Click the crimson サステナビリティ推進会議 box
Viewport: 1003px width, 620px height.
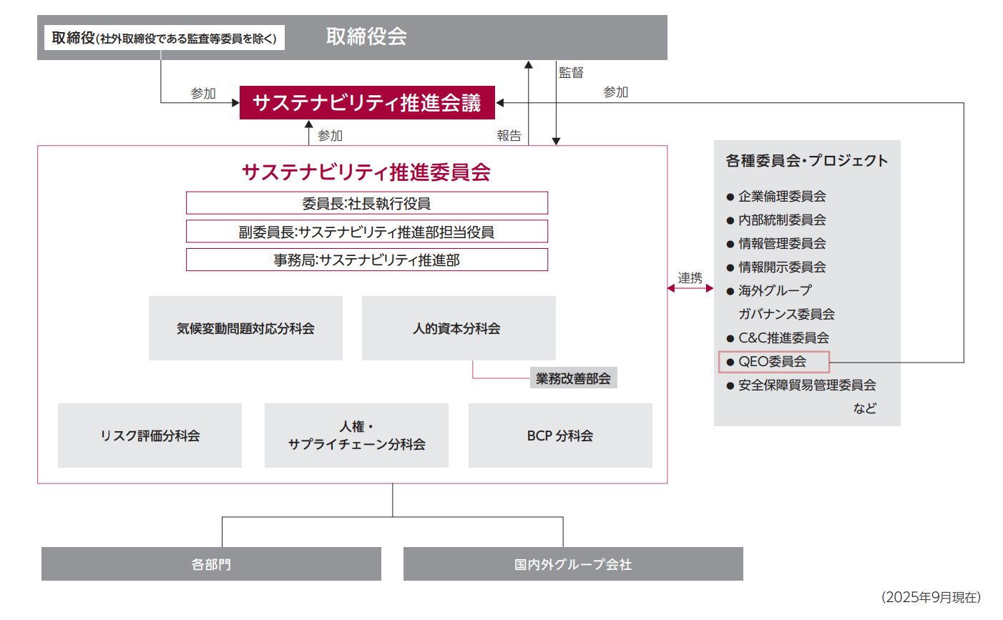tap(367, 103)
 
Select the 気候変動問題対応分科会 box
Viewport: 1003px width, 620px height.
tap(245, 328)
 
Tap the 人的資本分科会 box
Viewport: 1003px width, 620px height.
tap(458, 328)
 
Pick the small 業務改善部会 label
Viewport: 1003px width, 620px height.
tap(573, 378)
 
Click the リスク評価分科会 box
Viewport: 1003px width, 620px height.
tap(150, 436)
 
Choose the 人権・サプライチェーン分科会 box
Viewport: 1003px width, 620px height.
tap(356, 436)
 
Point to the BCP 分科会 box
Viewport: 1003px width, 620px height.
tap(560, 436)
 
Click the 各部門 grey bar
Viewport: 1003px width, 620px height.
tap(211, 564)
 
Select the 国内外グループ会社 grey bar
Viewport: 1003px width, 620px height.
tap(573, 564)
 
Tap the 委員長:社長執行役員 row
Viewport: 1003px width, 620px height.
tap(366, 203)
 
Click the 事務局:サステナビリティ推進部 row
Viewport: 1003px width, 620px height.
tap(366, 260)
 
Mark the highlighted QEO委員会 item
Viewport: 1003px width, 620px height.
tap(773, 362)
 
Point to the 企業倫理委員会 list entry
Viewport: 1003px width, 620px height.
tap(782, 196)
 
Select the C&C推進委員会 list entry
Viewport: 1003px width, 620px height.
tap(783, 338)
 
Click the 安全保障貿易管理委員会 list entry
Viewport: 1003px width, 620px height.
tap(807, 385)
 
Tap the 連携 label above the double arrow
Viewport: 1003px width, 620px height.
tap(690, 277)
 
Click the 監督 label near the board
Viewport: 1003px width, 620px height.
tap(571, 72)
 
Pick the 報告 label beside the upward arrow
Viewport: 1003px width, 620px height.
tap(509, 135)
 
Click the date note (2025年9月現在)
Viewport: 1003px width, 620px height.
tap(931, 597)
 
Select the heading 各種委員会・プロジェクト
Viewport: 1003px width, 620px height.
tap(807, 161)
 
